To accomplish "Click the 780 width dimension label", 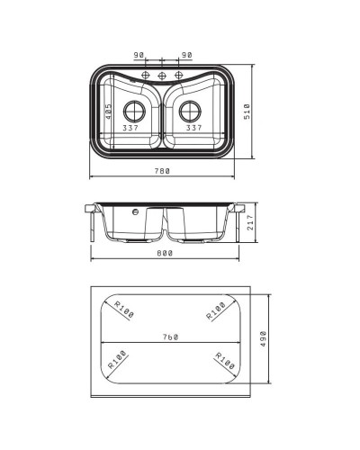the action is [162, 171].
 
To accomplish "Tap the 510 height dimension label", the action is [247, 112].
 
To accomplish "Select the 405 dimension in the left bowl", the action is [108, 112].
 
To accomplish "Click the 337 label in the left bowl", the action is [130, 128].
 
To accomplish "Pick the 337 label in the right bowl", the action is [193, 128].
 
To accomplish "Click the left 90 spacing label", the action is [139, 55].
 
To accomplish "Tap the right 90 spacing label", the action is [186, 55].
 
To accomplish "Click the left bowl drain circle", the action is [134, 112].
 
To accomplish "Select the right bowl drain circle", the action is [190, 112].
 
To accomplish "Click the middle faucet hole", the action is [162, 76].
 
